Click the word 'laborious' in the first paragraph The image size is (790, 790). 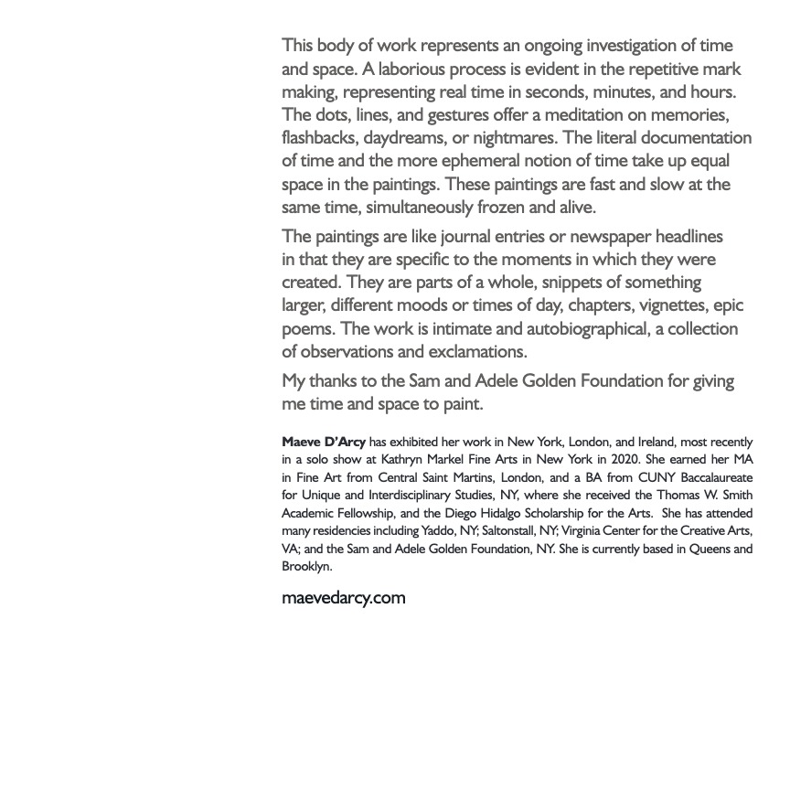pos(402,69)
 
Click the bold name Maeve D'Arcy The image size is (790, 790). pos(324,442)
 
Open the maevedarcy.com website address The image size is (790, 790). pos(343,598)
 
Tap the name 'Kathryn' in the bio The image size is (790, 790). pos(407,459)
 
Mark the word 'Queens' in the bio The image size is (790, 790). pos(710,549)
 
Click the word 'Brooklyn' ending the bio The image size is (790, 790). pos(306,567)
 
